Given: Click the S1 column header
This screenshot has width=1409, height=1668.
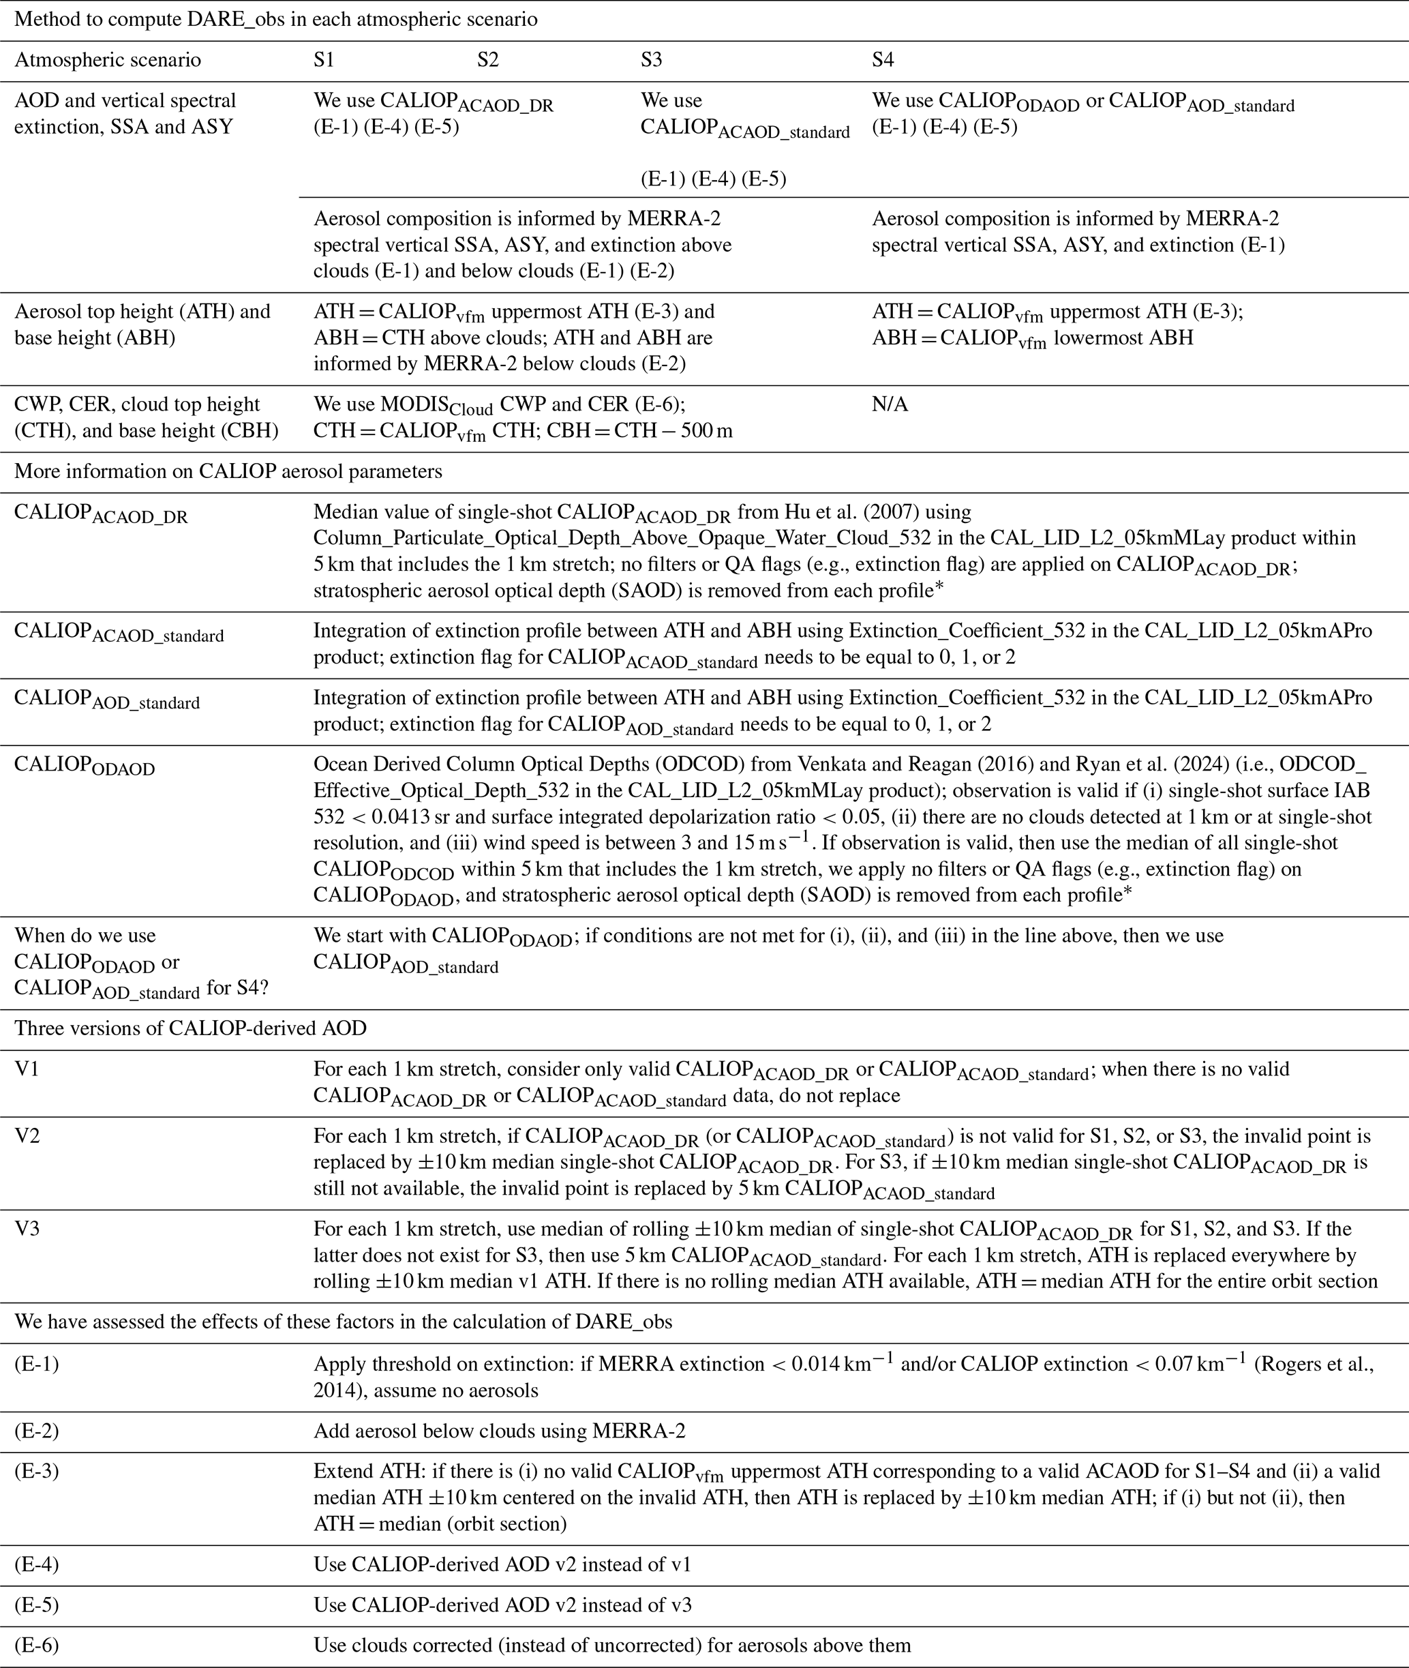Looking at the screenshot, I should (x=324, y=60).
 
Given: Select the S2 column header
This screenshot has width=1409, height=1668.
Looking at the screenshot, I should (x=487, y=60).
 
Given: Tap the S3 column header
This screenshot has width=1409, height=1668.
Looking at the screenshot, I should (x=651, y=60).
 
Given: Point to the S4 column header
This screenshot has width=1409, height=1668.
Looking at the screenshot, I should (x=883, y=60).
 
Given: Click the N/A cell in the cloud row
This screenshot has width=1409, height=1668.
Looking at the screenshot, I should (x=890, y=404).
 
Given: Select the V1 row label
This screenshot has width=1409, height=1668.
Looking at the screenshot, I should (x=27, y=1069).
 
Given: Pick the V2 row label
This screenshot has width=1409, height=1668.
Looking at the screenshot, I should (x=27, y=1136).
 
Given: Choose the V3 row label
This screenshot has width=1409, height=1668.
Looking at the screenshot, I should (x=27, y=1229).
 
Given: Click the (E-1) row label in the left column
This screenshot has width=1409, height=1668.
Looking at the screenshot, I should (x=37, y=1364).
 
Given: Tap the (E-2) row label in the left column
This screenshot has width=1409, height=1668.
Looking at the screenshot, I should (x=37, y=1431).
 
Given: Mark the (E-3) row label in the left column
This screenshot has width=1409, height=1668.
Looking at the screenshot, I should (x=37, y=1472).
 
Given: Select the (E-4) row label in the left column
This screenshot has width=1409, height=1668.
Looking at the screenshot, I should (x=37, y=1564).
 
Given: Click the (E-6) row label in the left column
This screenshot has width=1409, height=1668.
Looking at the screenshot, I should (x=37, y=1645).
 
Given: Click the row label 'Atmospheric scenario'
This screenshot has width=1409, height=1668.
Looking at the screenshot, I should (x=108, y=60).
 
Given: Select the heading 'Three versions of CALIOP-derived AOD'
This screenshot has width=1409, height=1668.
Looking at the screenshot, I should (x=190, y=1028).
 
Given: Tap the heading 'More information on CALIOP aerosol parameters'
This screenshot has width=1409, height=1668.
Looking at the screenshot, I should (x=228, y=471).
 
